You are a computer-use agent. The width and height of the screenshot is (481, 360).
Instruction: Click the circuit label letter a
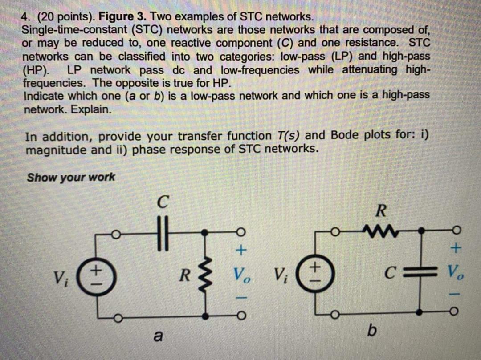156,337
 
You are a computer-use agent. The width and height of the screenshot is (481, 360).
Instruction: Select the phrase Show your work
71,177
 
